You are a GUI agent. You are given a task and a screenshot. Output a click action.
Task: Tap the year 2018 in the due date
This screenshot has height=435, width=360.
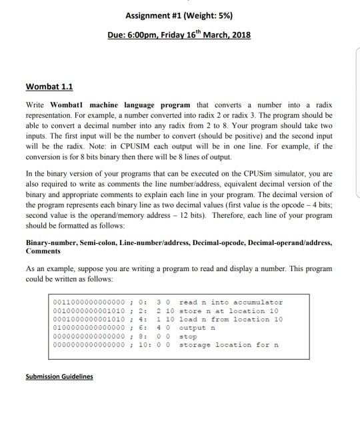(237, 34)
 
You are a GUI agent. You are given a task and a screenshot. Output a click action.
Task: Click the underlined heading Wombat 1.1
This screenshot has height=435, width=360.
(49, 86)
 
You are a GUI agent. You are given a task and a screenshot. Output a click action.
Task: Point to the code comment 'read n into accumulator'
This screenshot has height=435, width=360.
(231, 302)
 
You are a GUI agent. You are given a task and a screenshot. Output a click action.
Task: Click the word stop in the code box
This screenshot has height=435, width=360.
(189, 336)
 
